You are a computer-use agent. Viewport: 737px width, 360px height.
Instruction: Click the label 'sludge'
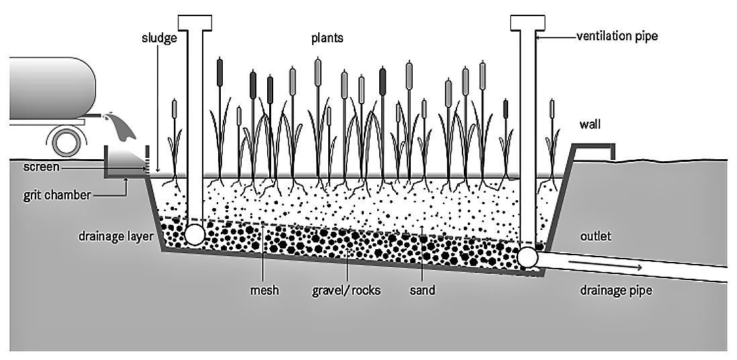click(160, 38)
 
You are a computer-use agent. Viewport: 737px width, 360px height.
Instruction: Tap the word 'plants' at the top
click(327, 38)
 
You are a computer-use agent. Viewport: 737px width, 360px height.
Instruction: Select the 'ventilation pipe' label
click(617, 37)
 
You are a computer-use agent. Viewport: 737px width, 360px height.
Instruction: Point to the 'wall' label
click(590, 124)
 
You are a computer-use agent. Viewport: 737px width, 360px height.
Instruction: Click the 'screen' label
click(40, 167)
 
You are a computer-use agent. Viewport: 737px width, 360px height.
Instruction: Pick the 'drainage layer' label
click(115, 236)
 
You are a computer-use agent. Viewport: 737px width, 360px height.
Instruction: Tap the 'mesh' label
click(264, 291)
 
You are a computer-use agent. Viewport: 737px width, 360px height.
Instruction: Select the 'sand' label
click(422, 291)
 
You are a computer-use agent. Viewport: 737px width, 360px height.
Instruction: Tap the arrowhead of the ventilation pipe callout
click(540, 37)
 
